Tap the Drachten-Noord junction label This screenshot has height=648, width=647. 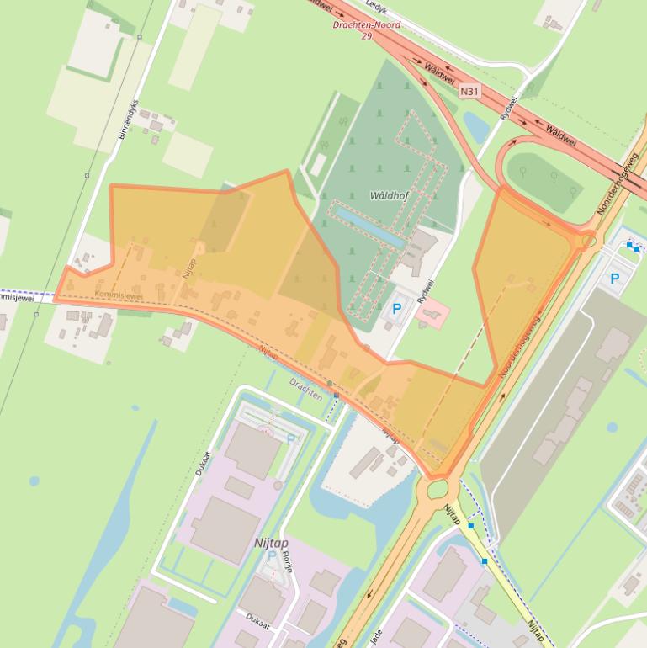coord(365,25)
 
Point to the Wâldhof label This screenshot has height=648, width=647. coord(389,195)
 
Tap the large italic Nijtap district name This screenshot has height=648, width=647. coord(271,544)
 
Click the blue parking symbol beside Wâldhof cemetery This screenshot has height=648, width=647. coord(397,309)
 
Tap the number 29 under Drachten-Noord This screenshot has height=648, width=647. coord(366,36)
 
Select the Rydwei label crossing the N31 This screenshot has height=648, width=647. coord(508,106)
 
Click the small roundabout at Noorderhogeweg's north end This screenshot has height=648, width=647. coord(587,241)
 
